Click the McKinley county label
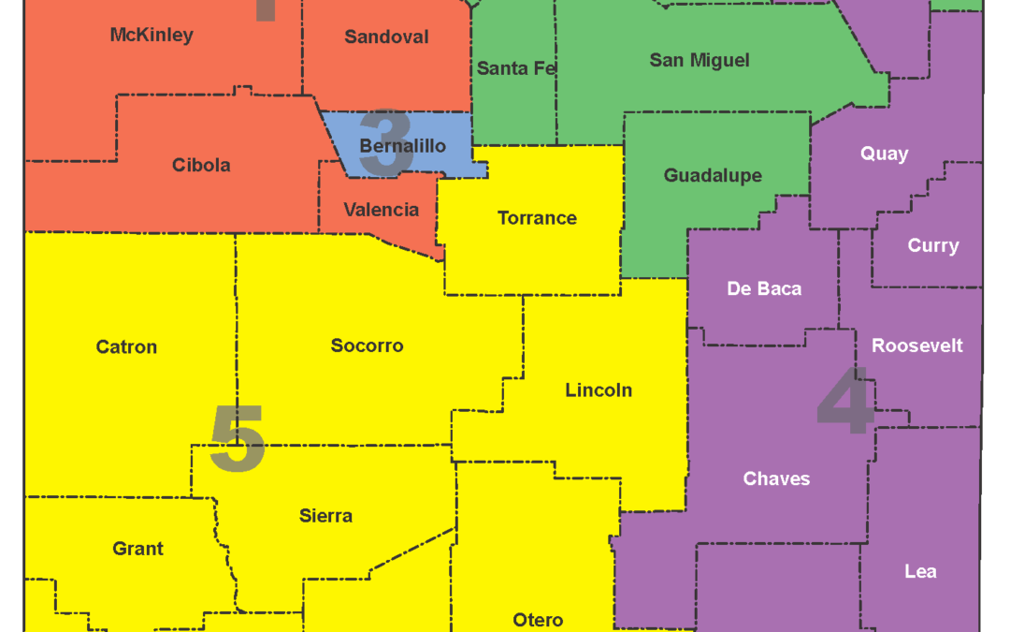coord(151,36)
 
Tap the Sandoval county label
coord(386,37)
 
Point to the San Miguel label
coord(700,61)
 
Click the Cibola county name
coord(201,166)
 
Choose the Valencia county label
coord(382,210)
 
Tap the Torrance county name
coord(537,218)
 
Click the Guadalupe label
coord(713,176)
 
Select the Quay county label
coord(884,154)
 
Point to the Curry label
coord(932,246)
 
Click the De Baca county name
coord(764,289)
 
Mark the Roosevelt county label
coord(916,346)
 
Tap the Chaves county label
coord(776,479)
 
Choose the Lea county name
coord(920,572)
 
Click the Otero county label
coord(538,621)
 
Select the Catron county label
coord(126,347)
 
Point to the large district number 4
coord(846,401)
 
